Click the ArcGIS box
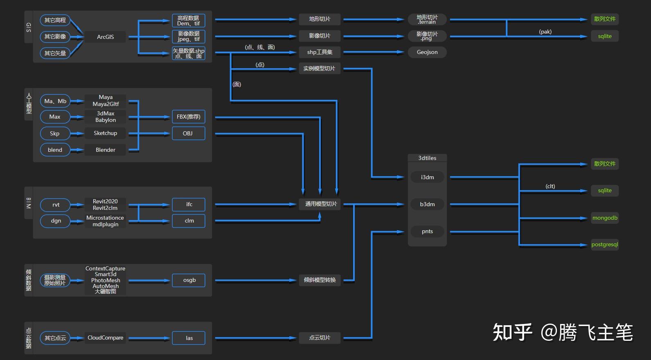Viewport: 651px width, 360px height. click(x=105, y=37)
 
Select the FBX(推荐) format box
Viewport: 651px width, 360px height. click(x=188, y=117)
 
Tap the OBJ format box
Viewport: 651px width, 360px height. click(x=188, y=133)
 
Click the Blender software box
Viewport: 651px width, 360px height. click(x=105, y=150)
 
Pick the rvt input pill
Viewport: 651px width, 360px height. click(x=56, y=205)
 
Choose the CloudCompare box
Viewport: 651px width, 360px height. click(x=105, y=337)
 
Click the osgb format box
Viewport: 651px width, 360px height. click(x=189, y=280)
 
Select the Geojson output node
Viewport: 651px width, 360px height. click(x=427, y=52)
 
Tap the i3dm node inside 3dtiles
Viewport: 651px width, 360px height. click(x=427, y=177)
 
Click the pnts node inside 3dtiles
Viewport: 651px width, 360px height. click(x=427, y=231)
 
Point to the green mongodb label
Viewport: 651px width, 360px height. click(x=604, y=218)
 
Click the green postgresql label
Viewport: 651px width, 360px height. click(x=604, y=245)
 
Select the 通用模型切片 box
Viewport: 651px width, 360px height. click(x=321, y=204)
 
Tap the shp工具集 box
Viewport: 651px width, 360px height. click(x=320, y=52)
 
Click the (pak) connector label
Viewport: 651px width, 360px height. click(x=545, y=32)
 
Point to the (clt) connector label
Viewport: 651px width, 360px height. click(x=550, y=186)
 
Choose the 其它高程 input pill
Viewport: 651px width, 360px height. click(x=55, y=20)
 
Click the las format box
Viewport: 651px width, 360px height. click(x=189, y=338)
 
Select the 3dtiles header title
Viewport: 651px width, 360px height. click(x=427, y=158)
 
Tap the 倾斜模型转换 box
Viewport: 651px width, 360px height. click(x=320, y=280)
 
